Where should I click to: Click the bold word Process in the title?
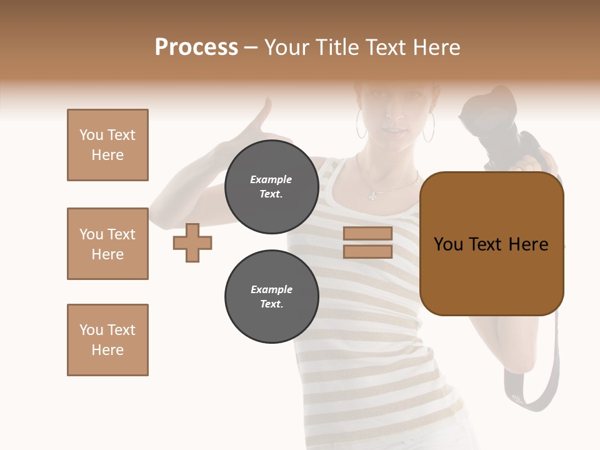[x=196, y=47]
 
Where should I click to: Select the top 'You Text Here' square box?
[x=107, y=145]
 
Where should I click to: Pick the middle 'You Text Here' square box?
[x=107, y=244]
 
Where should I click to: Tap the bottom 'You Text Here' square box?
[x=107, y=340]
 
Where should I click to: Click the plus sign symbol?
[x=192, y=242]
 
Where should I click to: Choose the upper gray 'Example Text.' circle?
[x=271, y=187]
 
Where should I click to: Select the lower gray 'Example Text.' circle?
[x=271, y=297]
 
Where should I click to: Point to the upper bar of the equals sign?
[x=367, y=234]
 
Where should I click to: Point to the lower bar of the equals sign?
[x=367, y=252]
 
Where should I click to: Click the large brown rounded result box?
[x=491, y=244]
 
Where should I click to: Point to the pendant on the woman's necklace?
[x=372, y=195]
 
